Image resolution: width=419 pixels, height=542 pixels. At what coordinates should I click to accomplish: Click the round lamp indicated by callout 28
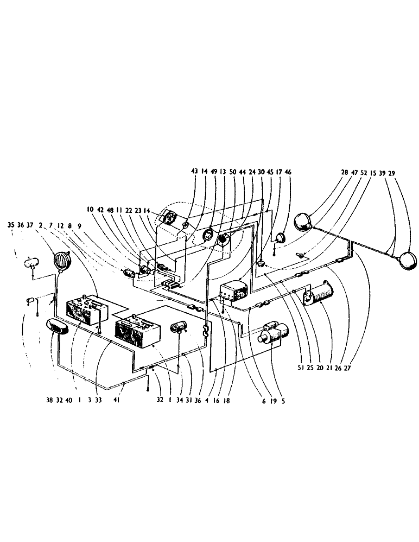(x=302, y=221)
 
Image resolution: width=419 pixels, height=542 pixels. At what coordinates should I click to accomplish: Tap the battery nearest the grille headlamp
(x=86, y=310)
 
